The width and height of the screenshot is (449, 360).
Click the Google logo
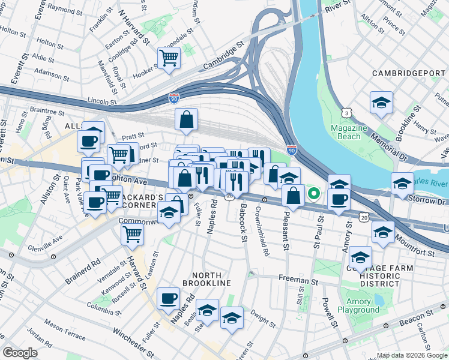click(x=20, y=353)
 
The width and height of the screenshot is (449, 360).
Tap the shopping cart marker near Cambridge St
click(x=169, y=58)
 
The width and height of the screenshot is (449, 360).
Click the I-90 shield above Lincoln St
click(x=174, y=96)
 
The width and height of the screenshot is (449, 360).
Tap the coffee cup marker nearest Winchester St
click(x=169, y=298)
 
